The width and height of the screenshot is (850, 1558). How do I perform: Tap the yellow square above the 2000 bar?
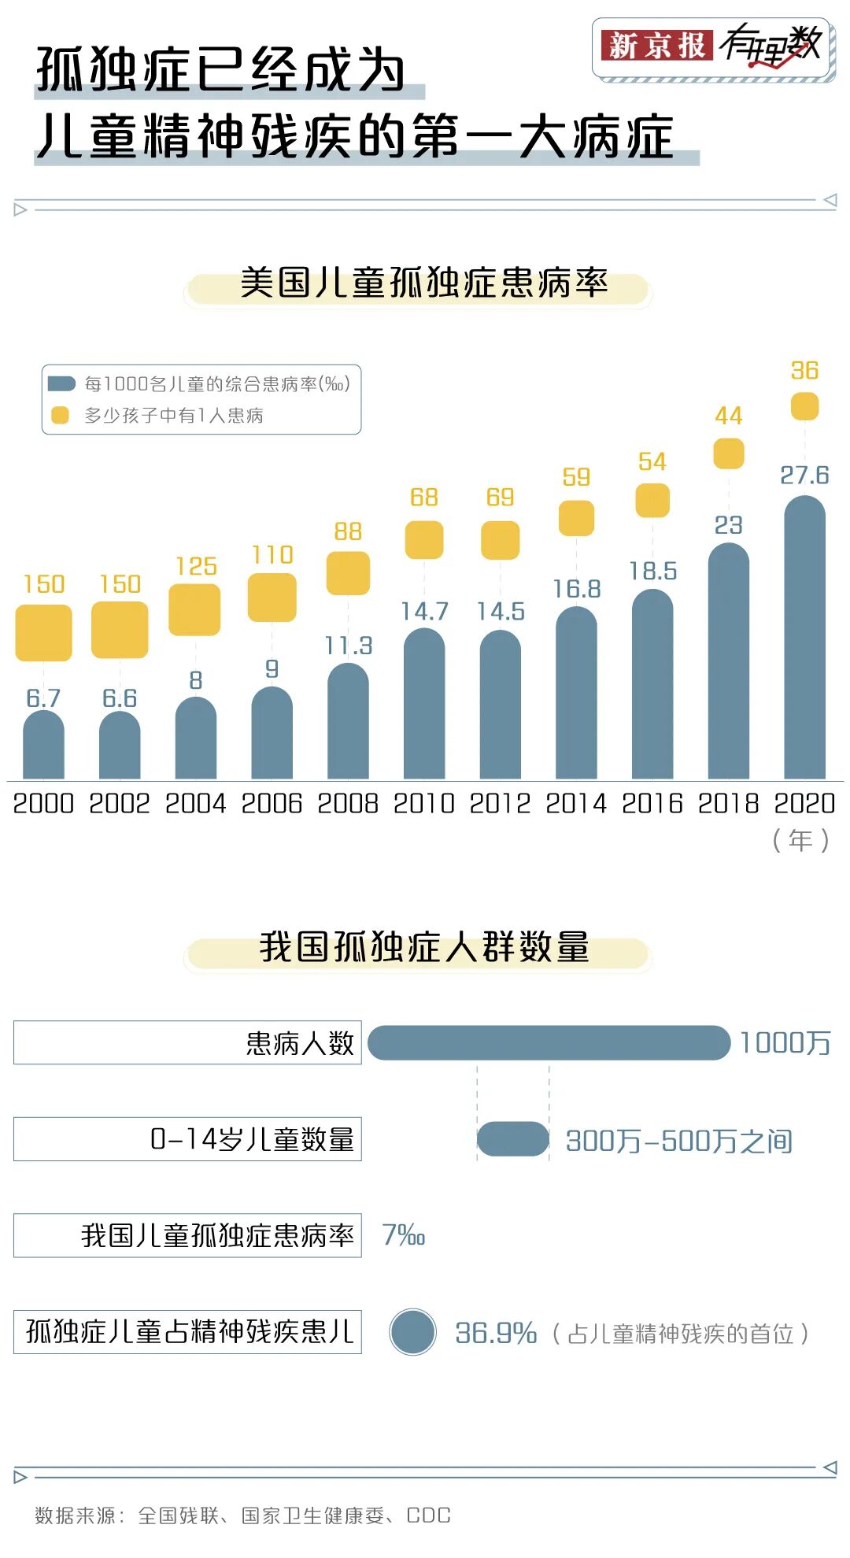[44, 632]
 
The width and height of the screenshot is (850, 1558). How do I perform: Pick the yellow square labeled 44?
[728, 453]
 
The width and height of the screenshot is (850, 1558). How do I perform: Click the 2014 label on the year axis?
[576, 804]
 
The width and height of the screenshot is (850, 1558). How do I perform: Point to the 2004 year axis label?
[195, 804]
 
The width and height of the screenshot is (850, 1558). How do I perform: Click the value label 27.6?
[804, 476]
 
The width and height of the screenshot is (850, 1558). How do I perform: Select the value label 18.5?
[652, 571]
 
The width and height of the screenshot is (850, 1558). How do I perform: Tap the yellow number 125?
[196, 566]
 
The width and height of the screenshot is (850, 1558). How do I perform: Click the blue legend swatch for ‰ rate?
[61, 384]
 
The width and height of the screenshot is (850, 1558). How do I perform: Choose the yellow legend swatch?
[61, 415]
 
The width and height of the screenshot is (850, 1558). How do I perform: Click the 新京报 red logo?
[656, 46]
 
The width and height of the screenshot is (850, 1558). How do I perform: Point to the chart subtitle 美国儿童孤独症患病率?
[423, 283]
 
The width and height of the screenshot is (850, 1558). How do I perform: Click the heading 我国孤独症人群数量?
[423, 947]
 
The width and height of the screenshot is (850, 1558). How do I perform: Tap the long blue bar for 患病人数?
[549, 1043]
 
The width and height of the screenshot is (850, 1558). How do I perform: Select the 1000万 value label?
[785, 1043]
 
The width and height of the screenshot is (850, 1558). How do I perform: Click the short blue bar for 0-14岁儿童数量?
[512, 1139]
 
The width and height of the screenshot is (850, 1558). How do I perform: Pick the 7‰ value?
[403, 1235]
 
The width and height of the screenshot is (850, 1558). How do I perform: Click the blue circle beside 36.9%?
[412, 1332]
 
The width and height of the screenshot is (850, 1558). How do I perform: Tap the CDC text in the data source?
[428, 1515]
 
